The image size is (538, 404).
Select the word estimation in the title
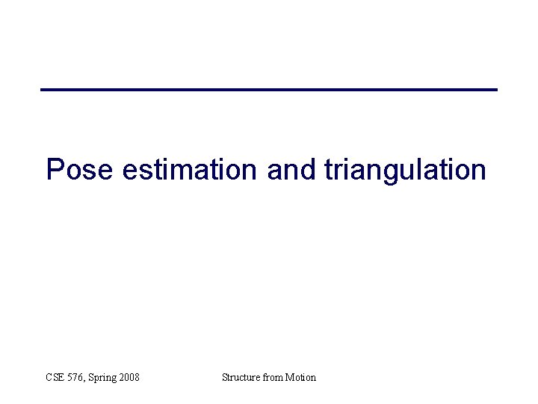coord(189,170)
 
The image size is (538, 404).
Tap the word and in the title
coord(291,170)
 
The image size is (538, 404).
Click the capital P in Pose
coord(54,170)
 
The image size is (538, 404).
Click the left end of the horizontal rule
coord(43,90)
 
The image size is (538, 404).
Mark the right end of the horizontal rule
coord(495,90)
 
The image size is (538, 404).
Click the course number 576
coord(77,377)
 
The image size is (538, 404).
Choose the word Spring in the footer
coord(102,378)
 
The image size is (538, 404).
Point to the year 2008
coord(129,377)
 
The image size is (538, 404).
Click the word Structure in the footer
coord(241,377)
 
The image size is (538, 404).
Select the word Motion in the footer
coord(300,377)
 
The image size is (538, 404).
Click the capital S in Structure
coord(225,377)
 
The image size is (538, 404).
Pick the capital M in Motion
coord(289,377)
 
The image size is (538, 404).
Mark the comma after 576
coord(86,380)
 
